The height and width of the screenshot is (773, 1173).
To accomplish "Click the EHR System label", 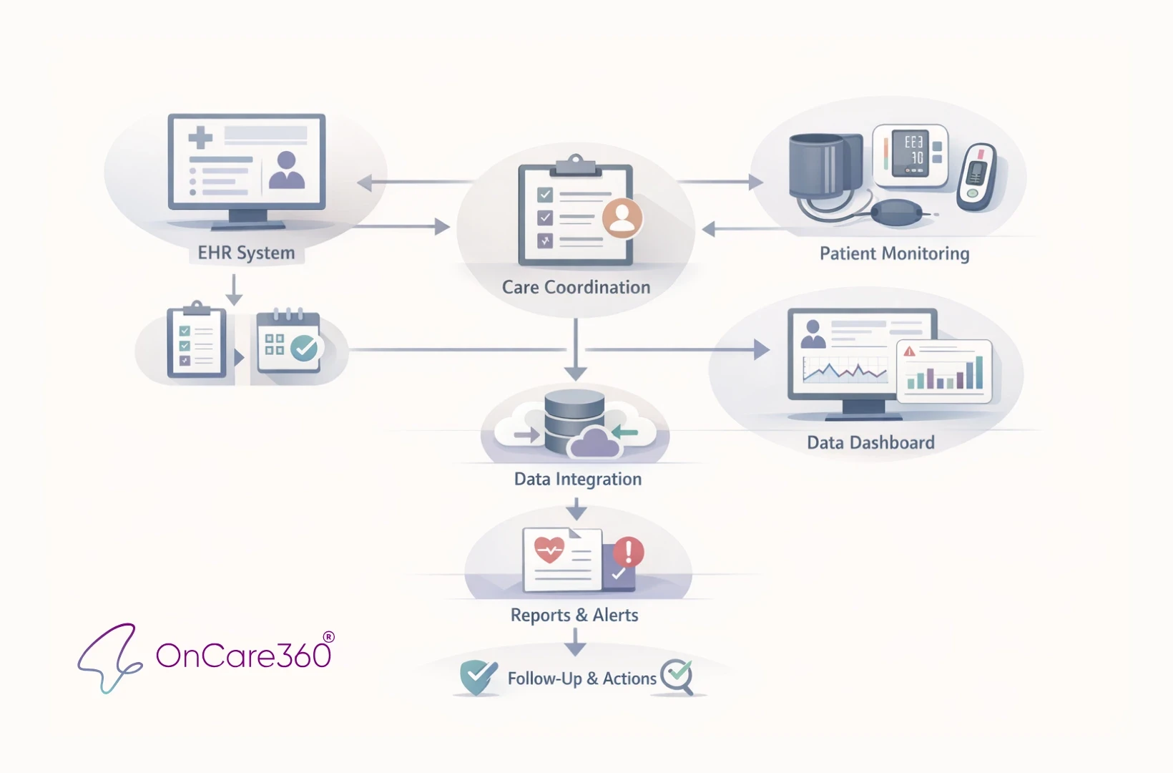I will (246, 253).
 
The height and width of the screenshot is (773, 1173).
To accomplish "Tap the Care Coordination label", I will (576, 287).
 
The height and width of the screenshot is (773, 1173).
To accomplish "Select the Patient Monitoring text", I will (894, 253).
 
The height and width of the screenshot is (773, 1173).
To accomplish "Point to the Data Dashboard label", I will (870, 442).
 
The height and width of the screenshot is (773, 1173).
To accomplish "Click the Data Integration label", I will (577, 479).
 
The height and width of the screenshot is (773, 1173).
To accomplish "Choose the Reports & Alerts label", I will (574, 615).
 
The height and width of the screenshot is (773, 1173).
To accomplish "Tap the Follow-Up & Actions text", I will (581, 679).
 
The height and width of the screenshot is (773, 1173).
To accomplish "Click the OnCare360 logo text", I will (243, 655).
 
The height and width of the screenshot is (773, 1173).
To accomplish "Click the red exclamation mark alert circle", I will (628, 552).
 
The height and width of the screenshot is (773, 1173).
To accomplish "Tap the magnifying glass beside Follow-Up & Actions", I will (677, 676).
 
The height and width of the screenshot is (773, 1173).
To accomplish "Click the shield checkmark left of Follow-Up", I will (478, 676).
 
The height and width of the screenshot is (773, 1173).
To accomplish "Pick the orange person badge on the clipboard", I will (622, 218).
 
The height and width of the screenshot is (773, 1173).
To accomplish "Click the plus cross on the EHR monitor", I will (201, 137).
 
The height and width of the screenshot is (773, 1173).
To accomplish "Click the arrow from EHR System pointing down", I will (234, 289).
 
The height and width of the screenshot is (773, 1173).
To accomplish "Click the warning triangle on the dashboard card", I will (909, 351).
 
